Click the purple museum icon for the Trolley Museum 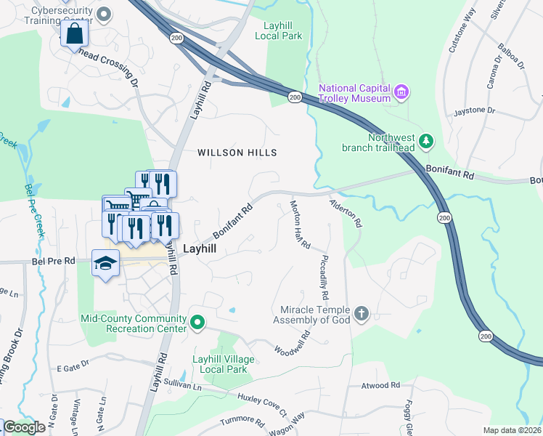[402, 92]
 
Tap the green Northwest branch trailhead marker [428, 140]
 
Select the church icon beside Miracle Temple [362, 314]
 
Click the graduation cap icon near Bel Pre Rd [105, 262]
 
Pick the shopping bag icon [75, 33]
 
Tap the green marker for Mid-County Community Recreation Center [197, 322]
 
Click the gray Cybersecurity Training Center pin [105, 14]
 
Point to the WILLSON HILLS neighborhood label [237, 153]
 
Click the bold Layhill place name [200, 248]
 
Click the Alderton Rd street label [345, 214]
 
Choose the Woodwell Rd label [293, 344]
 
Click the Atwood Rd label [380, 385]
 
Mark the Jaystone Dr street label [473, 111]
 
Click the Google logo [24, 427]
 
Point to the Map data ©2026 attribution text [512, 430]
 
